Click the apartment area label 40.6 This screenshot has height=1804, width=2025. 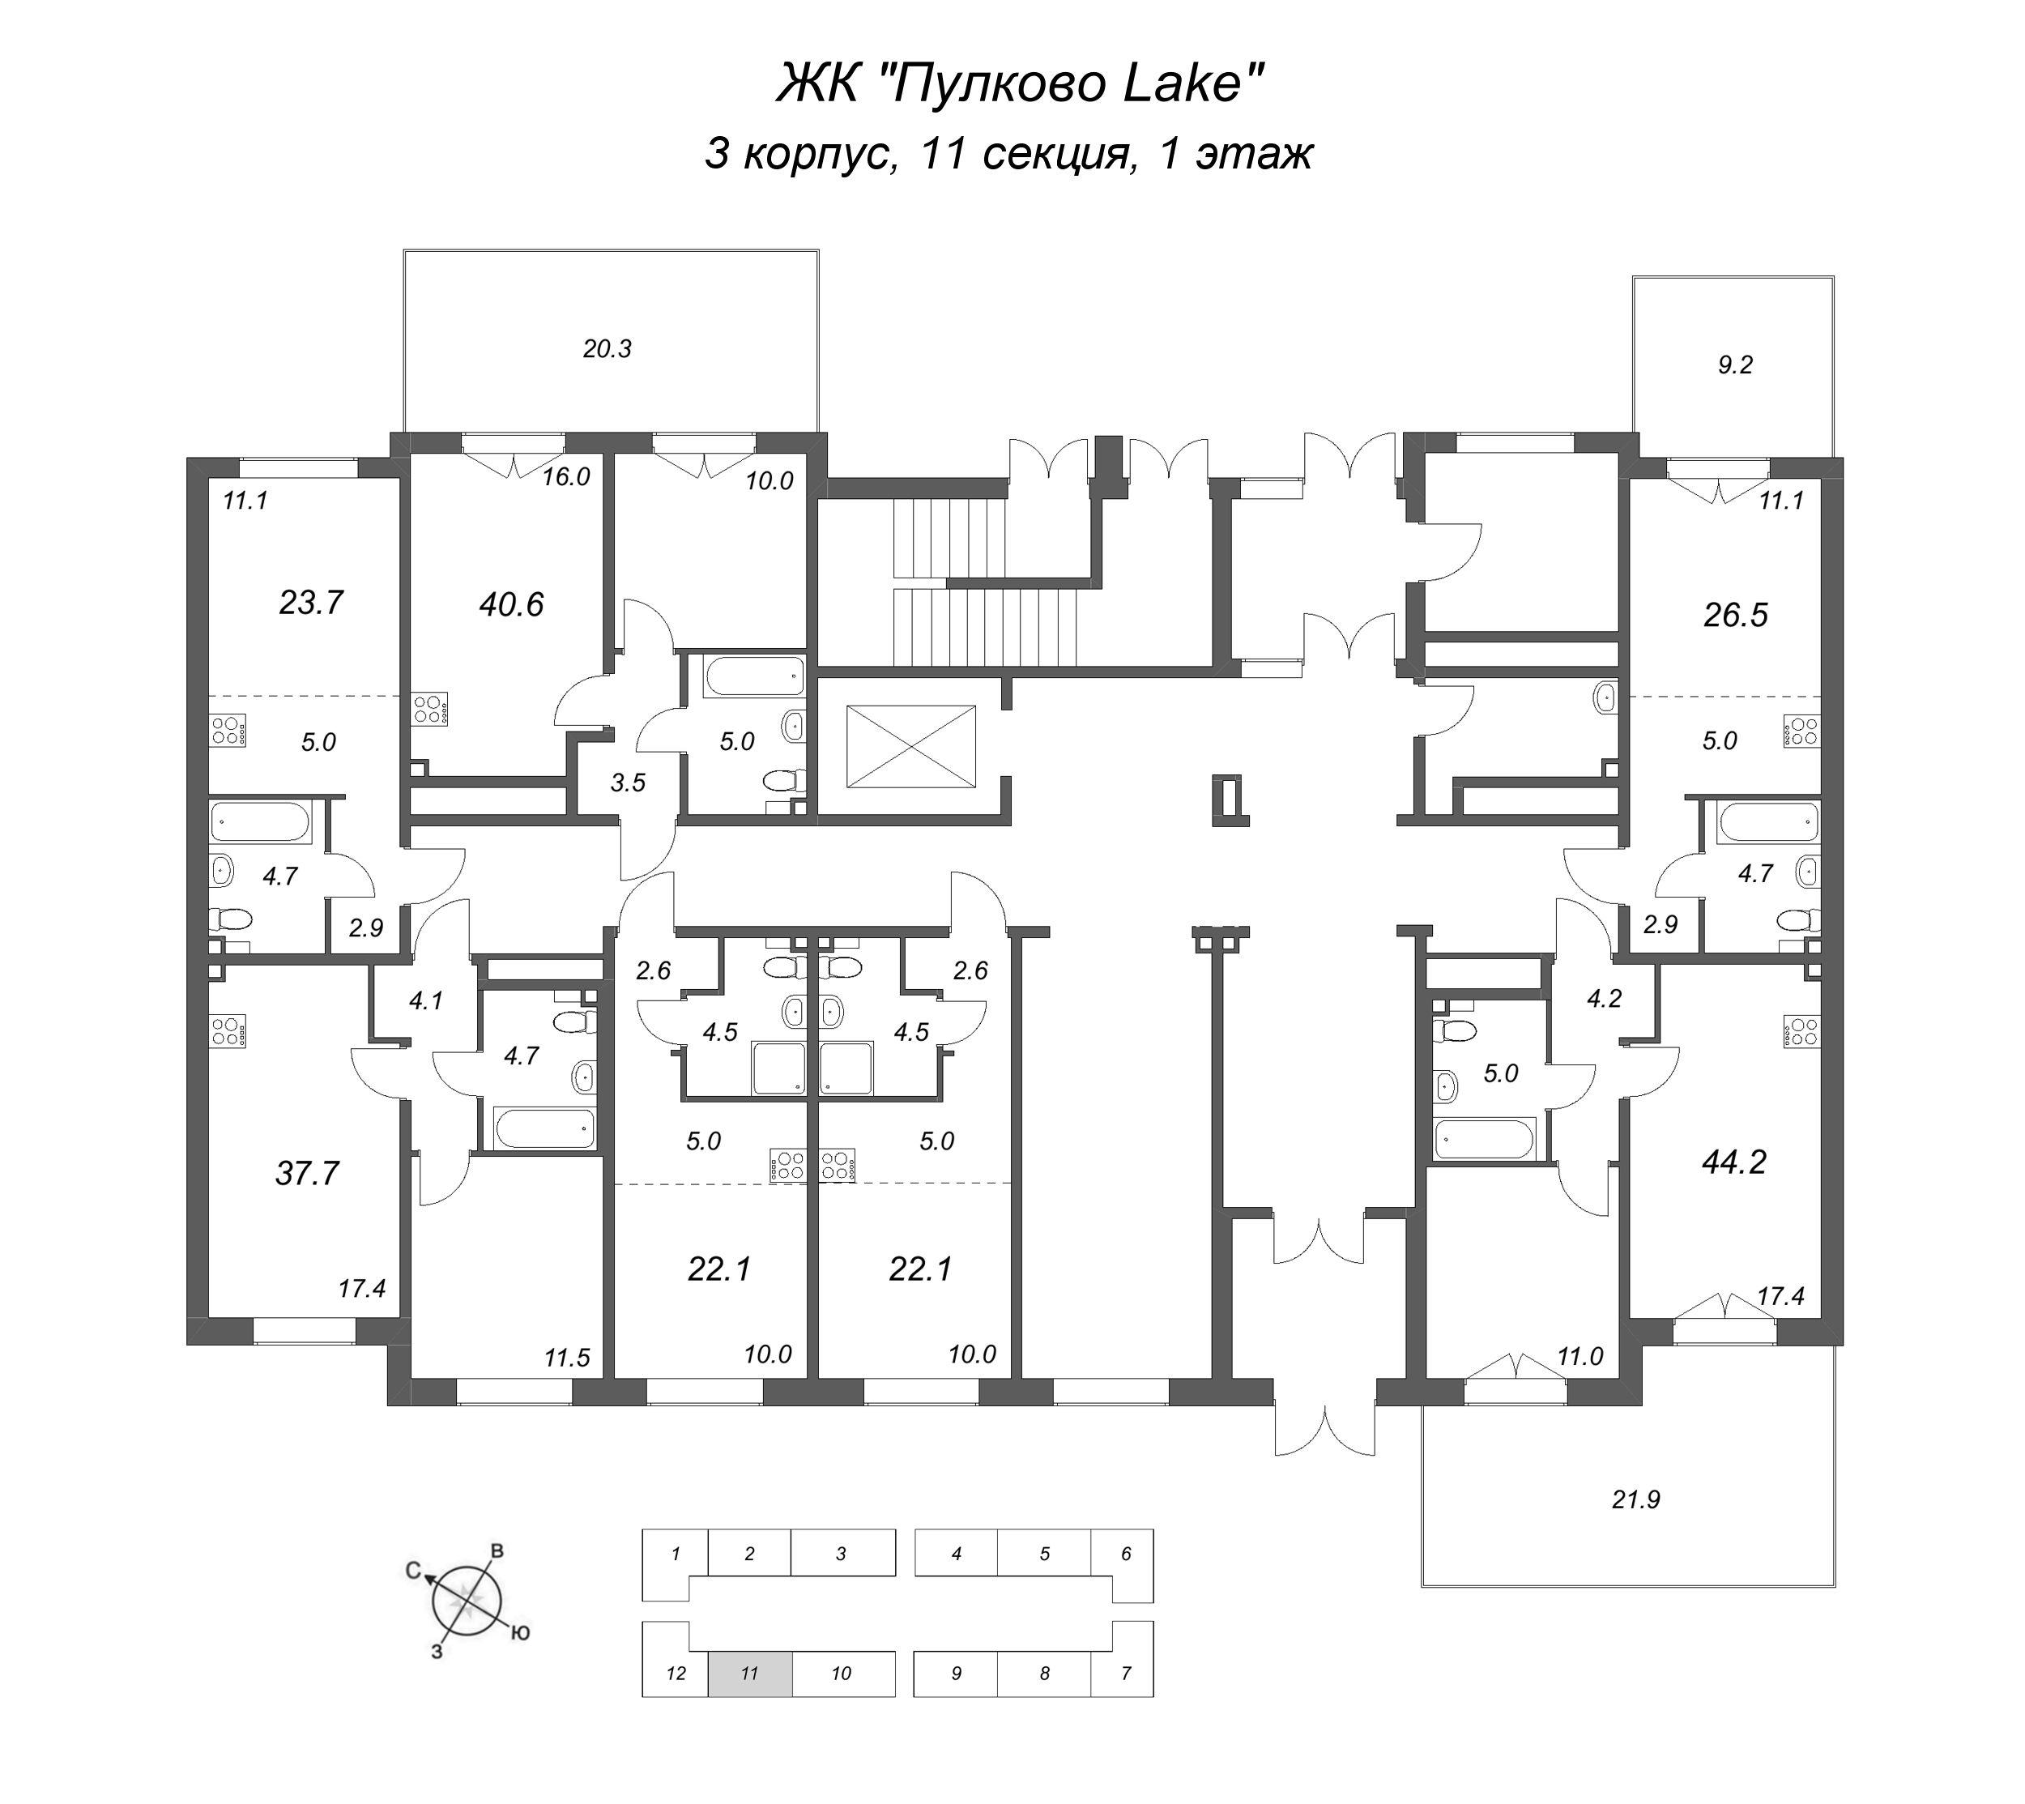pyautogui.click(x=511, y=603)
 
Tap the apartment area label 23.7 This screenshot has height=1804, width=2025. pyautogui.click(x=310, y=602)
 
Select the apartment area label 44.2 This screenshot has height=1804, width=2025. pyautogui.click(x=1734, y=1161)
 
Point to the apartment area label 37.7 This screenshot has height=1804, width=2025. pyautogui.click(x=307, y=1173)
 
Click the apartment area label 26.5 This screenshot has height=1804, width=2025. pyautogui.click(x=1736, y=615)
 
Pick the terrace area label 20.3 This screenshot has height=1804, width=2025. pyautogui.click(x=607, y=349)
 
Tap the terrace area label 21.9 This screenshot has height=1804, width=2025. pyautogui.click(x=1635, y=1499)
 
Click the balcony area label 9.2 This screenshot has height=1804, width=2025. pyautogui.click(x=1734, y=365)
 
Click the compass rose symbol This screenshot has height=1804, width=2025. pyautogui.click(x=467, y=1597)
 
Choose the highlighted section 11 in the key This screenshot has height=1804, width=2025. pyautogui.click(x=749, y=1673)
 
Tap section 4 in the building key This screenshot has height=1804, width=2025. pyautogui.click(x=956, y=1555)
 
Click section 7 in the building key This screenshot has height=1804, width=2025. pyautogui.click(x=1125, y=1673)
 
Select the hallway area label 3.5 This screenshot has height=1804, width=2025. pyautogui.click(x=628, y=783)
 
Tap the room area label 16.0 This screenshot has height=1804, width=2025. pyautogui.click(x=566, y=477)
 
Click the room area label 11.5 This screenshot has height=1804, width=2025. pyautogui.click(x=567, y=1358)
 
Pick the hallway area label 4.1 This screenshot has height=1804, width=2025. pyautogui.click(x=425, y=1001)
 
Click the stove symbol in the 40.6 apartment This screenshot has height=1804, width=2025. pyautogui.click(x=430, y=709)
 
